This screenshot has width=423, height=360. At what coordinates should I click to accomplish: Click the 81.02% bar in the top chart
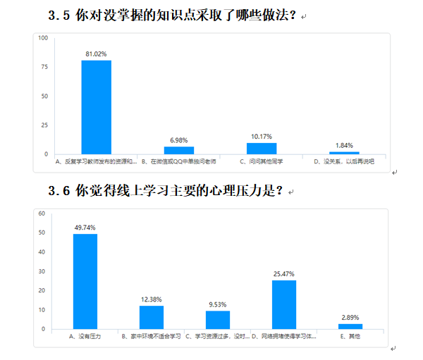pyautogui.click(x=96, y=107)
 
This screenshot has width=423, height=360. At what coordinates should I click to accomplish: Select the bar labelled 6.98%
pyautogui.click(x=179, y=150)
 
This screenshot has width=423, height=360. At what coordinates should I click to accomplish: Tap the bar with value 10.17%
pyautogui.click(x=262, y=148)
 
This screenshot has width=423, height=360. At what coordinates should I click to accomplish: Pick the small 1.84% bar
pyautogui.click(x=344, y=153)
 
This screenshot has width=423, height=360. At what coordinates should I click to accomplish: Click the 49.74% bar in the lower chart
pyautogui.click(x=85, y=281)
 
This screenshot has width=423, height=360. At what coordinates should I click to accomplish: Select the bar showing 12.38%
pyautogui.click(x=152, y=317)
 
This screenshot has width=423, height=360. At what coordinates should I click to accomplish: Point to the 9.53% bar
pyautogui.click(x=218, y=320)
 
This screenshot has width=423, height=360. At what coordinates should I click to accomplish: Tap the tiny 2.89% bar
pyautogui.click(x=350, y=326)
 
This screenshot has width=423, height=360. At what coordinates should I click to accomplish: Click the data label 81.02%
pyautogui.click(x=96, y=53)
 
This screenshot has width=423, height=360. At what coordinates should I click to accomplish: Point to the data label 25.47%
pyautogui.click(x=284, y=273)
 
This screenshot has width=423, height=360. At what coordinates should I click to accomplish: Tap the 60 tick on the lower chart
pyautogui.click(x=42, y=213)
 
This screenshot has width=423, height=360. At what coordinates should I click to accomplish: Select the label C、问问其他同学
pyautogui.click(x=261, y=161)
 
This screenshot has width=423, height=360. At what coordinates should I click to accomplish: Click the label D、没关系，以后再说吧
pyautogui.click(x=344, y=161)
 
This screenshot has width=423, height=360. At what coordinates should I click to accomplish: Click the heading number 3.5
pyautogui.click(x=59, y=15)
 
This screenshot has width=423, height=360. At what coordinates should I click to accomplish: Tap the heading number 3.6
pyautogui.click(x=59, y=191)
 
